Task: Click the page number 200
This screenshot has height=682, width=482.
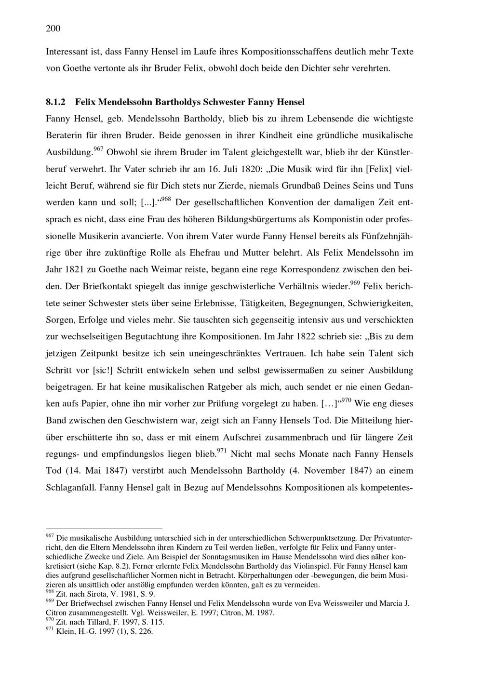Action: click(x=53, y=28)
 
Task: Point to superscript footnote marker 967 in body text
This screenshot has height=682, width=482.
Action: click(x=98, y=149)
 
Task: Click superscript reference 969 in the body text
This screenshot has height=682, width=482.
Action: click(x=355, y=283)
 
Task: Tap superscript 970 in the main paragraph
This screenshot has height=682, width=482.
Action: click(x=347, y=400)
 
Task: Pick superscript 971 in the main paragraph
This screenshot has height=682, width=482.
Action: click(x=222, y=451)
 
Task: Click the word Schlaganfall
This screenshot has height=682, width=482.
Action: click(x=70, y=487)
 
